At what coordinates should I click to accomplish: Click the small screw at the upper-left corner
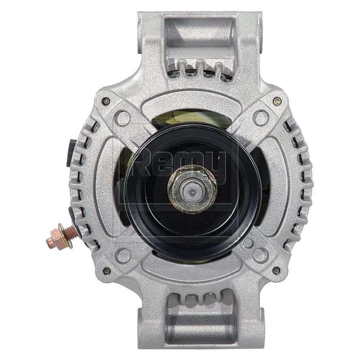coord(105,101)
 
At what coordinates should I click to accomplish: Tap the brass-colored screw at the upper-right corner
coord(277,101)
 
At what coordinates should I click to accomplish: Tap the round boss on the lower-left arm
coord(123,254)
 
